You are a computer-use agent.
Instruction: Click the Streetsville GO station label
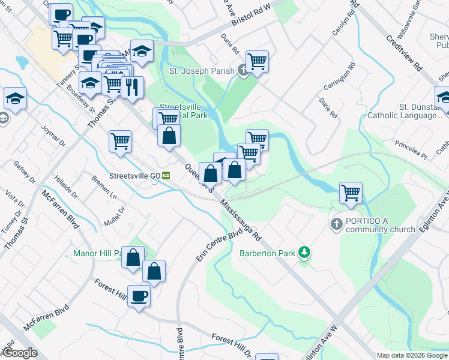pos(134,176)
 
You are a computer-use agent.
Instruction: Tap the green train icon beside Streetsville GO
pos(166,176)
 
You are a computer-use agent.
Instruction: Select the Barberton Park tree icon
pos(305,253)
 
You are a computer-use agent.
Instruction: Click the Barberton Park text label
pos(267,253)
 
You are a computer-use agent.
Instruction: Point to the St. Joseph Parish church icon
pos(243,71)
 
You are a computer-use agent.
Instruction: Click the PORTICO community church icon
pos(337,224)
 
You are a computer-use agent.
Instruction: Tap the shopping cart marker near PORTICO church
pos(351,193)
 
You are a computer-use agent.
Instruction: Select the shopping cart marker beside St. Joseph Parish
pos(257,61)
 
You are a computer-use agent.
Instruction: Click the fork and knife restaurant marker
pos(132,87)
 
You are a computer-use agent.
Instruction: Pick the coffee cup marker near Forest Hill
pos(139,296)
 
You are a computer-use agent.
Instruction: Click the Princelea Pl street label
pos(411,150)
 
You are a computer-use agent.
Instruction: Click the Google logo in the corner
pos(20,353)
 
